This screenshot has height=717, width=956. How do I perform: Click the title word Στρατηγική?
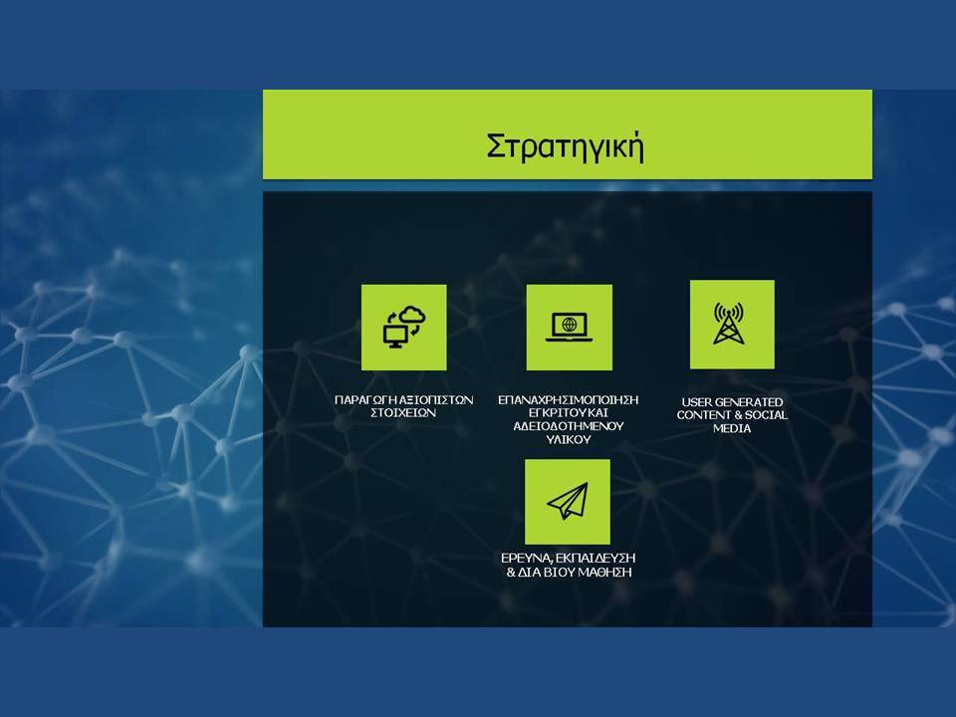(x=566, y=146)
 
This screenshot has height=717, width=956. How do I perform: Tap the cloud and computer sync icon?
(x=404, y=328)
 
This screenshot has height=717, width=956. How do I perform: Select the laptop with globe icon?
(x=569, y=327)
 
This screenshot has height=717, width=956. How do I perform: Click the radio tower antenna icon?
(x=729, y=323)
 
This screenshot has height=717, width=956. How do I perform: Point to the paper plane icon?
(x=568, y=502)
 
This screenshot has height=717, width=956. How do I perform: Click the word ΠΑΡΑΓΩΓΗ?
(x=365, y=400)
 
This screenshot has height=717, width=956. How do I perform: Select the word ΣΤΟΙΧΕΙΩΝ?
(x=403, y=412)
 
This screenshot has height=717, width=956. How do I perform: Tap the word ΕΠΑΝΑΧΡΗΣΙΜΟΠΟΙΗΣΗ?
(x=569, y=400)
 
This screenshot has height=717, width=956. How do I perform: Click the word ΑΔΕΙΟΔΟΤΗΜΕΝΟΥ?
(x=569, y=426)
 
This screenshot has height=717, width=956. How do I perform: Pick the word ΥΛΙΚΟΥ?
(x=569, y=439)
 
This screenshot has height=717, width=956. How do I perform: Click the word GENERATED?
(x=748, y=402)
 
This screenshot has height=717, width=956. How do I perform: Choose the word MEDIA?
(x=732, y=428)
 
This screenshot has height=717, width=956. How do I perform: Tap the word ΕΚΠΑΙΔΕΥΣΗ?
(x=597, y=559)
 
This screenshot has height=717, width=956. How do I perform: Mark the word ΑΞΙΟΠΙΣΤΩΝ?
(x=436, y=400)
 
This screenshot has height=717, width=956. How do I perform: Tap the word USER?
(x=696, y=402)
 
